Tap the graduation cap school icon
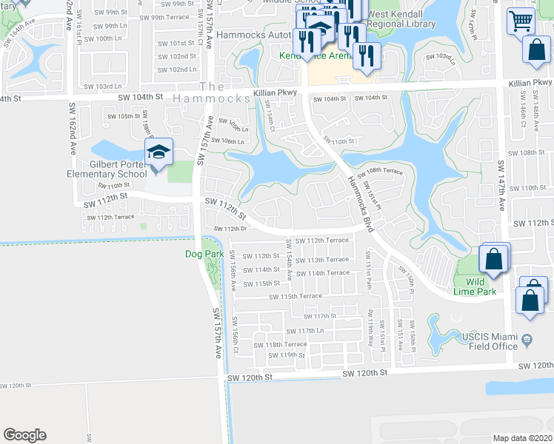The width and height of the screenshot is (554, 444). (158, 152)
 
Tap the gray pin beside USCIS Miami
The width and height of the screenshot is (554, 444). (527, 340)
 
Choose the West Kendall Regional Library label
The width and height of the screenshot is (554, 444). (401, 18)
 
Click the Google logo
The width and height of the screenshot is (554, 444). (24, 434)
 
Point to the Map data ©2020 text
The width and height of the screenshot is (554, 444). (522, 438)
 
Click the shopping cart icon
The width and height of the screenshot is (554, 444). (521, 21)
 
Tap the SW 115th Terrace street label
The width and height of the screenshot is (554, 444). (296, 296)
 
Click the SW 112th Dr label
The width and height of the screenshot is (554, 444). (230, 229)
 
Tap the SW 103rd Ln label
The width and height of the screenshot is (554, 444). (441, 57)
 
